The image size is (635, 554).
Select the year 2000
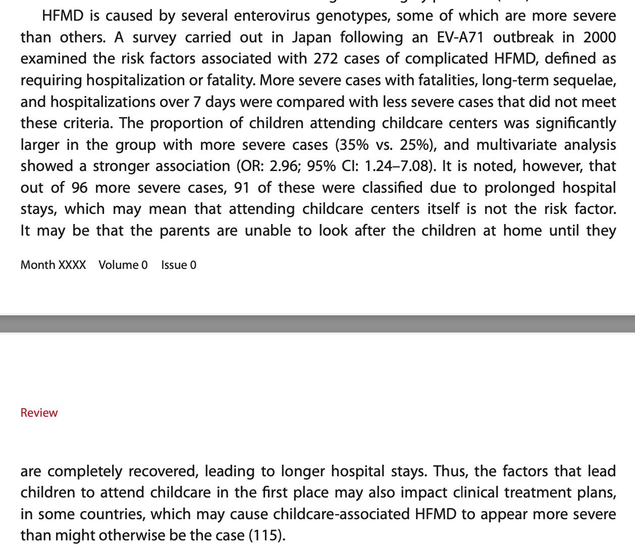(599, 37)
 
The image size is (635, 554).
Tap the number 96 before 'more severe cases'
(79, 188)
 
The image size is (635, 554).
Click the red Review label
(39, 413)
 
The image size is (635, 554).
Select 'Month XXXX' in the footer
(53, 265)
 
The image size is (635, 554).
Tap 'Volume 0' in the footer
(123, 265)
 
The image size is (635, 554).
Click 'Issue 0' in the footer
(179, 265)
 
